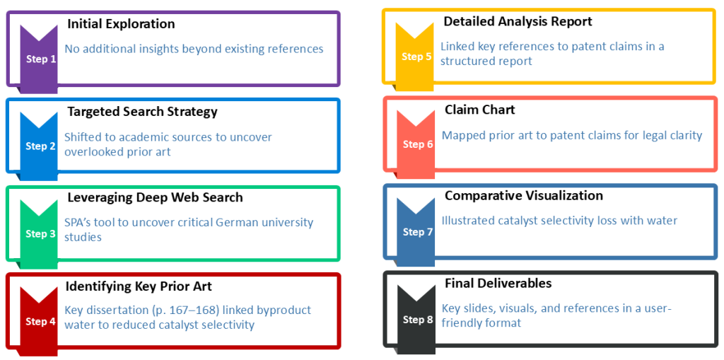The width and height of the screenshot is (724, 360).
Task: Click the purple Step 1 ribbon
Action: pos(40,59)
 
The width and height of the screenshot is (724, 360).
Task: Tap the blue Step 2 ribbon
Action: pos(40,146)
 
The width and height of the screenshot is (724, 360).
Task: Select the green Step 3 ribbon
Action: pos(40,233)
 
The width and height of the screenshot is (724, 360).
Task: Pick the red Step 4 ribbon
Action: pos(40,320)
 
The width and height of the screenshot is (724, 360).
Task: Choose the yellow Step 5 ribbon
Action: pos(416,56)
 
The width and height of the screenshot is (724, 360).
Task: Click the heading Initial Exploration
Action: pos(121,24)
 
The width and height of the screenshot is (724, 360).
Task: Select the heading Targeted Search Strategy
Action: pos(142,112)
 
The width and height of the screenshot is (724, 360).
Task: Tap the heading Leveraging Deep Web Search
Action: pos(155,197)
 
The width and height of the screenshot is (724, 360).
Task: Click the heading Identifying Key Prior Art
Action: pos(139,286)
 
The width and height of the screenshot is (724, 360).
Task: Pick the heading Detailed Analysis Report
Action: pos(518,21)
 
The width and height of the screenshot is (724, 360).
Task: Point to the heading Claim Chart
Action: pos(480,110)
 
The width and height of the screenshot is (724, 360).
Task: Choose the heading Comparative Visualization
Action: pos(524,195)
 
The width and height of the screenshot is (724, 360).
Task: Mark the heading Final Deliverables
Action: pos(498,283)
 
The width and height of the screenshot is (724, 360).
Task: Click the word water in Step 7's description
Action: pos(663,221)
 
